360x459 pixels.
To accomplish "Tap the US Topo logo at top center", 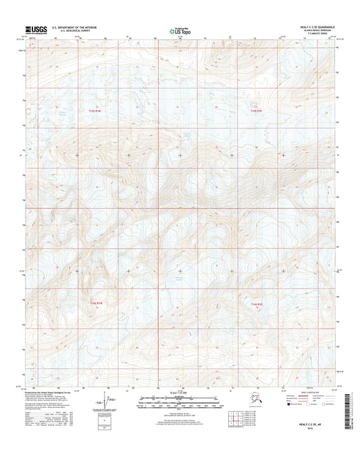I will (x=179, y=30).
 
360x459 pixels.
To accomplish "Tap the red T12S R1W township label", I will (x=97, y=303).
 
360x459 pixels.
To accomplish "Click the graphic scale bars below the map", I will (x=180, y=404).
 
